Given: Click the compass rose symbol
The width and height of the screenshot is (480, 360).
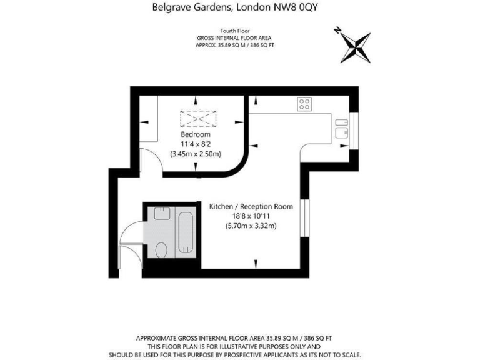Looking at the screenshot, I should [x=354, y=46].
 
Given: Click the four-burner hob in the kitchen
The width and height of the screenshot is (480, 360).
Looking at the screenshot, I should [x=305, y=104].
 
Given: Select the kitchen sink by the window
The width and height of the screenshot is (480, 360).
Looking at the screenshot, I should [x=341, y=127].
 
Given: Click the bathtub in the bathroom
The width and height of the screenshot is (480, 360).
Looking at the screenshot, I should [x=184, y=231].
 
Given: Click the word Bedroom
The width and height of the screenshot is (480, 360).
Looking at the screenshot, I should [x=196, y=134].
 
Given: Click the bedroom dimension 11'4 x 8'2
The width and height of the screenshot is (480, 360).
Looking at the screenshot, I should [x=196, y=144].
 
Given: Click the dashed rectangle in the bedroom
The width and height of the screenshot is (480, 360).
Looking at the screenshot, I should [x=197, y=119].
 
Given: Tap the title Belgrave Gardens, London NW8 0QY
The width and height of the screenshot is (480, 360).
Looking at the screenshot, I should [x=239, y=8].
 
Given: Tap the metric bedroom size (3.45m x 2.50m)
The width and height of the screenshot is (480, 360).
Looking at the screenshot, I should [x=196, y=154].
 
